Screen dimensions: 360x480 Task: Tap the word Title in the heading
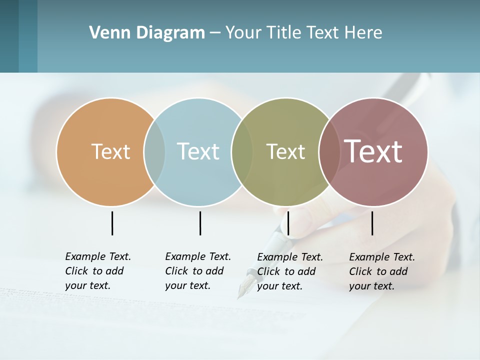(283, 33)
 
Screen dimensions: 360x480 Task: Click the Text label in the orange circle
(110, 151)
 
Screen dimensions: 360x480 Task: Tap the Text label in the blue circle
(198, 151)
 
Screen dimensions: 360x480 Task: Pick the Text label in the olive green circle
(285, 151)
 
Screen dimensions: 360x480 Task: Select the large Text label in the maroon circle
(373, 151)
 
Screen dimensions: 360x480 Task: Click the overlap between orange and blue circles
(154, 151)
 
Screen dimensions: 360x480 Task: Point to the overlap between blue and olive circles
(242, 151)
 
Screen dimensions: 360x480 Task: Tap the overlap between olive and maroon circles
(329, 151)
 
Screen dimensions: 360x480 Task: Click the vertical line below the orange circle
(112, 223)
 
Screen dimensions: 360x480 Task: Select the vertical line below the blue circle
(200, 223)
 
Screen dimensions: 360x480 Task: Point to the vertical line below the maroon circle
(372, 223)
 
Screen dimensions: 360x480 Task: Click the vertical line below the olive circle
(288, 223)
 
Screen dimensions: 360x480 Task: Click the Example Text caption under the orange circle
(97, 271)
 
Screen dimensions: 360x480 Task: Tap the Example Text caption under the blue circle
(197, 271)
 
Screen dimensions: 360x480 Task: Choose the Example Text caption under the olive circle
(289, 271)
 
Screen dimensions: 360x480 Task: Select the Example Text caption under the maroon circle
(381, 271)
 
